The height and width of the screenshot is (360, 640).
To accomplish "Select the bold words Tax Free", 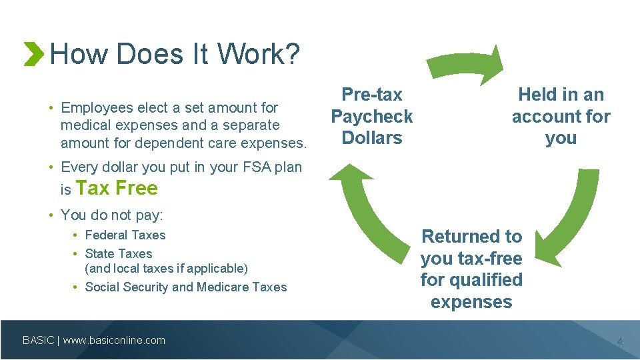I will click(117, 189).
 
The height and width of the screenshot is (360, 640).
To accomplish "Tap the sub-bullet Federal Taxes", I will click(125, 235).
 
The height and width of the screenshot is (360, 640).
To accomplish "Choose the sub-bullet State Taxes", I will click(119, 254).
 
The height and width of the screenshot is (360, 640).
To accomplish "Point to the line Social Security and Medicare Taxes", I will click(186, 287).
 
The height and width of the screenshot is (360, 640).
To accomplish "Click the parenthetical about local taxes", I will click(166, 269).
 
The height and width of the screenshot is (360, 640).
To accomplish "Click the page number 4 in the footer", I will click(619, 342).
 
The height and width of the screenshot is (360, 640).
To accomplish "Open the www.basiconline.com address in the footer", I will click(114, 341).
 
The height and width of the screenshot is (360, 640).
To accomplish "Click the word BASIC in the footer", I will click(39, 341).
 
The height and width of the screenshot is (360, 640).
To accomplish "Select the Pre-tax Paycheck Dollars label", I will click(372, 117).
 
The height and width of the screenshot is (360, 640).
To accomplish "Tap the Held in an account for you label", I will click(561, 117).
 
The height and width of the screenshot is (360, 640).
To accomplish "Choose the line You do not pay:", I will click(112, 215).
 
